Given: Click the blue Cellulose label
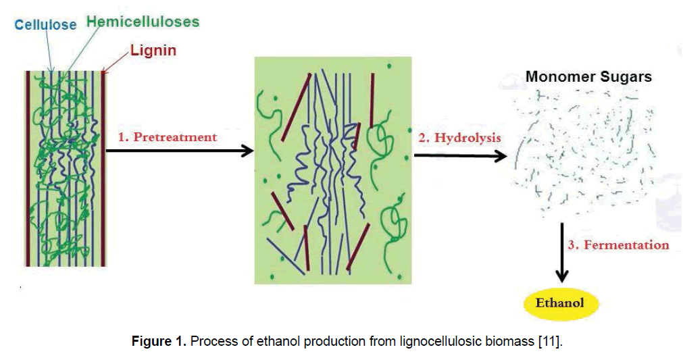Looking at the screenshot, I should [x=47, y=24].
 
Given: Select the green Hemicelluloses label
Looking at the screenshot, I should [x=143, y=22].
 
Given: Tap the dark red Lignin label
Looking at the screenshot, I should [x=153, y=51].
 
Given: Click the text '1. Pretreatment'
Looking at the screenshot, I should [x=168, y=137].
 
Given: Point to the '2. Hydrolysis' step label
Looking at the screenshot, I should [x=459, y=138].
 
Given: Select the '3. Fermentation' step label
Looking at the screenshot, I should [x=618, y=245].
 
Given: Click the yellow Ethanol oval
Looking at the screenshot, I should [x=559, y=303].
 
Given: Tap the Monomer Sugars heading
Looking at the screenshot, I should [x=588, y=76].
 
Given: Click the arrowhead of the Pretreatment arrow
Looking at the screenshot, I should [x=247, y=151].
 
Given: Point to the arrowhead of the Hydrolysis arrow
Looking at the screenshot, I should [x=501, y=157].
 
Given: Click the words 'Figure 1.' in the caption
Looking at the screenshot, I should [x=159, y=341].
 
